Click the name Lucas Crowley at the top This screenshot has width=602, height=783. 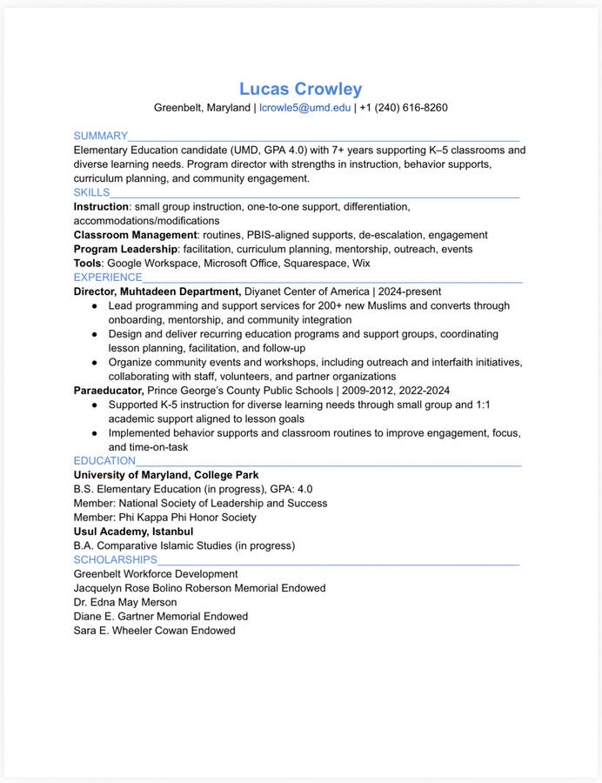pyautogui.click(x=300, y=89)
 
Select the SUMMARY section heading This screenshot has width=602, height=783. pyautogui.click(x=100, y=136)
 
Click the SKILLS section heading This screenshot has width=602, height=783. pyautogui.click(x=91, y=192)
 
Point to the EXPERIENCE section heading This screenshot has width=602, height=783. pyautogui.click(x=108, y=278)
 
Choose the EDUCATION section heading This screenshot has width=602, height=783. pyautogui.click(x=104, y=460)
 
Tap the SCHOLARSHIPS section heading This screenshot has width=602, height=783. pyautogui.click(x=115, y=559)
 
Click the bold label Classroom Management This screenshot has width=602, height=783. pyautogui.click(x=135, y=235)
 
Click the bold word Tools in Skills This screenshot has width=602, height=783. pyautogui.click(x=87, y=263)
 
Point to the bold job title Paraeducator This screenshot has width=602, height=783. pyautogui.click(x=108, y=391)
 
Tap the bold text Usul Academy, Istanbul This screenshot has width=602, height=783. pyautogui.click(x=133, y=531)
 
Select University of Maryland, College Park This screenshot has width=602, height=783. pyautogui.click(x=165, y=475)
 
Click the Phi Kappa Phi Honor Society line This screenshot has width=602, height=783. pyautogui.click(x=164, y=517)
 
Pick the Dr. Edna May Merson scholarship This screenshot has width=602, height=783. pyautogui.click(x=124, y=602)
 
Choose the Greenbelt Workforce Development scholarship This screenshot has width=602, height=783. pyautogui.click(x=155, y=573)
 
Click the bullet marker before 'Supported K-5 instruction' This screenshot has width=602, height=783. pyautogui.click(x=95, y=405)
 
